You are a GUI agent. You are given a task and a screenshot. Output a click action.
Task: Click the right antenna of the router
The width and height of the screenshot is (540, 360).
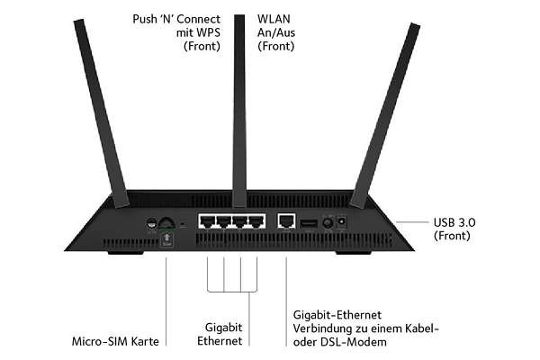click(x=377, y=117)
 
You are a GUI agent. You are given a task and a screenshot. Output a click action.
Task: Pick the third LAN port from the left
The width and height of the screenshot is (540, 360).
click(x=241, y=220)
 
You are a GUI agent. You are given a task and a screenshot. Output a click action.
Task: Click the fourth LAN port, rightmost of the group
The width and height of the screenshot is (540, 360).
click(x=257, y=220)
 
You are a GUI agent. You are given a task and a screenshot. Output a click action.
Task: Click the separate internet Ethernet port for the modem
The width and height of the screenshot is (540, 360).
click(x=287, y=220)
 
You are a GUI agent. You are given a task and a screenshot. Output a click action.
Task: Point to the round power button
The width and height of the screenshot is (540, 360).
click(x=326, y=222)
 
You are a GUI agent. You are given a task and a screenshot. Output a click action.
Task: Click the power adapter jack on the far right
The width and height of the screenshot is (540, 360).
click(x=342, y=221)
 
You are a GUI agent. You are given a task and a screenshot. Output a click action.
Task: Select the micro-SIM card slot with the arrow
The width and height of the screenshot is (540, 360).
click(x=166, y=238)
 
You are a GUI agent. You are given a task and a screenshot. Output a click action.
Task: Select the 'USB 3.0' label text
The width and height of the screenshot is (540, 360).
click(x=454, y=221)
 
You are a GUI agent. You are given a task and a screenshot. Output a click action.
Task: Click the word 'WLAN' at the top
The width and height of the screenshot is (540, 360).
click(x=275, y=18)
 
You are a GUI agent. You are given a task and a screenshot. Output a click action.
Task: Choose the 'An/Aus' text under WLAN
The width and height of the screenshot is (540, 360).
click(x=277, y=31)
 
